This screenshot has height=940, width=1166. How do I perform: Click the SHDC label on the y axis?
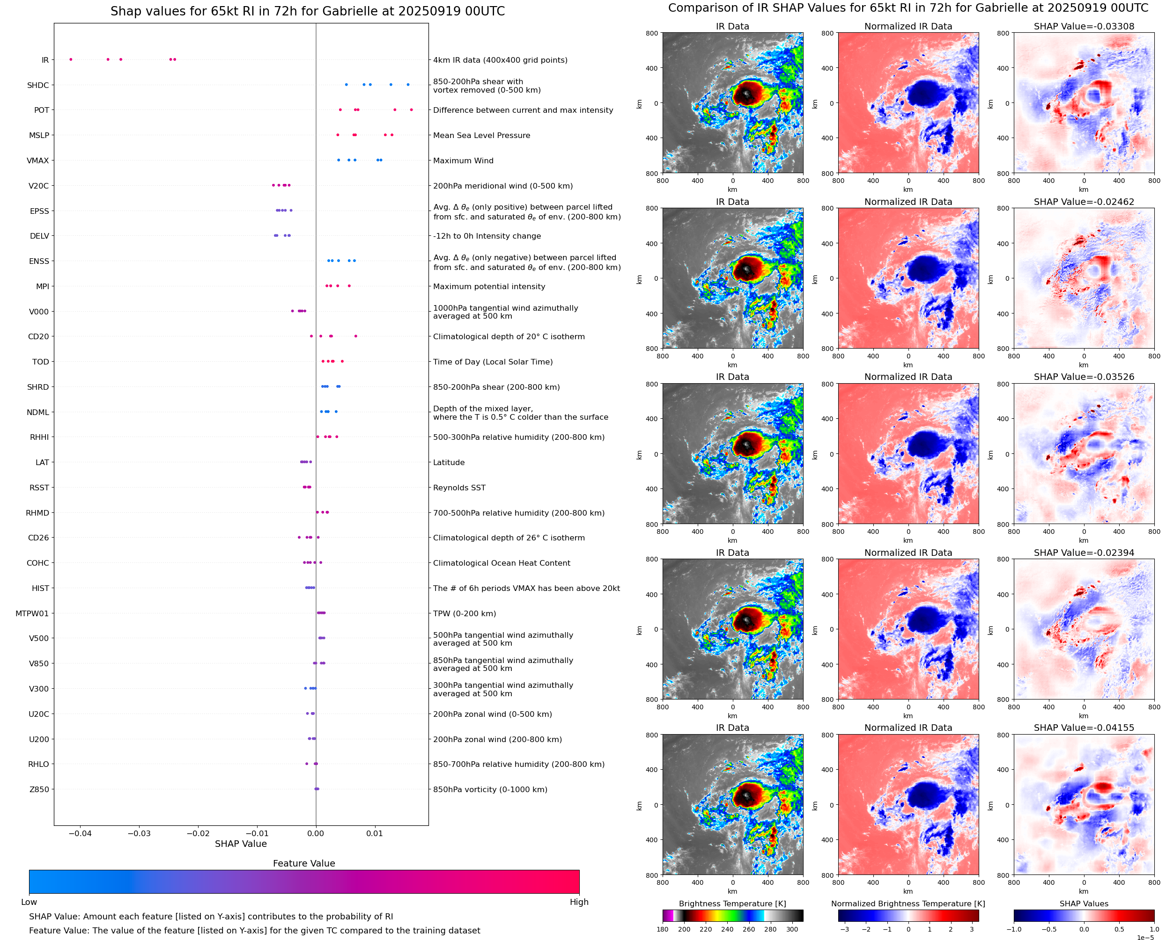pos(38,85)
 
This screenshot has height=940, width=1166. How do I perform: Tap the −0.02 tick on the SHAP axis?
pos(198,833)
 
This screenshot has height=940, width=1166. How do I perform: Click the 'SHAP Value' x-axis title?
pos(241,844)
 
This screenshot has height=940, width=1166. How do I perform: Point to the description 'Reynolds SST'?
pos(459,488)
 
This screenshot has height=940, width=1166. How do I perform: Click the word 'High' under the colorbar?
pos(579,902)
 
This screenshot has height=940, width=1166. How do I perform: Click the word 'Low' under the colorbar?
pos(29,902)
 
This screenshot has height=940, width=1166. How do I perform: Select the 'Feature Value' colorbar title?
pos(304,863)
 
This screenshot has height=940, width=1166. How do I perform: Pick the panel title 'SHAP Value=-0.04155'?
pos(1084,728)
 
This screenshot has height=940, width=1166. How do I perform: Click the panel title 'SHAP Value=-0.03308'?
pos(1084,26)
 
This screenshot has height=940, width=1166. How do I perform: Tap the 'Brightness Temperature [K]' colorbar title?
pos(732,904)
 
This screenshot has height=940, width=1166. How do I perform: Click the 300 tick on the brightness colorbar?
pos(792,929)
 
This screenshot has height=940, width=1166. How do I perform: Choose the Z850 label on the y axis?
pos(39,789)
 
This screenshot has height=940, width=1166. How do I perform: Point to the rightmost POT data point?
pos(411,110)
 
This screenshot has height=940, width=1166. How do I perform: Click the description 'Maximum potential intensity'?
pos(489,286)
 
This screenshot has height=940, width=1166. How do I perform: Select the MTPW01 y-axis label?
pos(32,613)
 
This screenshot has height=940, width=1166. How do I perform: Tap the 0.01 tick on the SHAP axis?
pos(375,833)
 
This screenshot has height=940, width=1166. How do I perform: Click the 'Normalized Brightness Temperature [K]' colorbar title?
pos(908,904)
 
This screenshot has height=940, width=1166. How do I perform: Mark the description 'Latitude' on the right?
pos(449,462)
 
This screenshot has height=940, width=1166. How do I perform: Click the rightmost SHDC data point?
pos(408,85)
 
